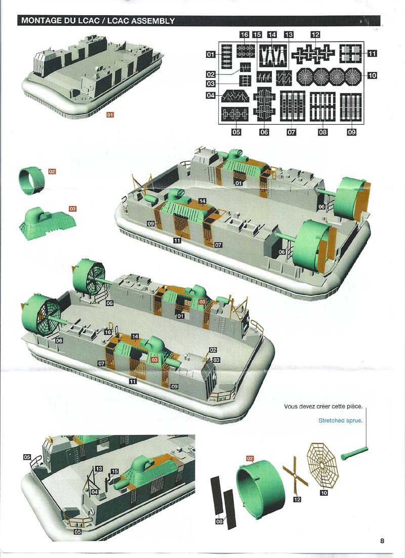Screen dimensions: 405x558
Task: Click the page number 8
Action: pos(382,541)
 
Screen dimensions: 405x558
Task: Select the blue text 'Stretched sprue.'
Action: pos(340,421)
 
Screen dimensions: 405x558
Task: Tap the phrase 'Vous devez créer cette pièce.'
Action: pos(323,406)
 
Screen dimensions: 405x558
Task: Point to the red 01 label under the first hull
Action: pos(110,115)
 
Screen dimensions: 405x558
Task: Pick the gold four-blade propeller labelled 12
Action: pos(296,475)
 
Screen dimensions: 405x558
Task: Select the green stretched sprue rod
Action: pos(354,453)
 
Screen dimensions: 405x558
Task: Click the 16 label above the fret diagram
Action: pos(245,34)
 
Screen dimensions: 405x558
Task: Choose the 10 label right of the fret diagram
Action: pos(372,76)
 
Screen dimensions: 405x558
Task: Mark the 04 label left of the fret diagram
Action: pos(211,95)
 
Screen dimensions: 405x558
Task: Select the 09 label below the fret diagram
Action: pos(351,132)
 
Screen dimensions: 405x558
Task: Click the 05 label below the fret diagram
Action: pos(236,132)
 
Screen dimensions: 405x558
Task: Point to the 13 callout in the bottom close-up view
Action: pos(99,469)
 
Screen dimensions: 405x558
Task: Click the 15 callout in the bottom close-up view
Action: pos(114,471)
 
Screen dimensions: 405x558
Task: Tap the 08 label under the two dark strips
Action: pos(219,522)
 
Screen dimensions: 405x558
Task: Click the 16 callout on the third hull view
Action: pos(108,332)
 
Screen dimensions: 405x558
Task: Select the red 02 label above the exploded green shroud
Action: pos(250,459)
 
